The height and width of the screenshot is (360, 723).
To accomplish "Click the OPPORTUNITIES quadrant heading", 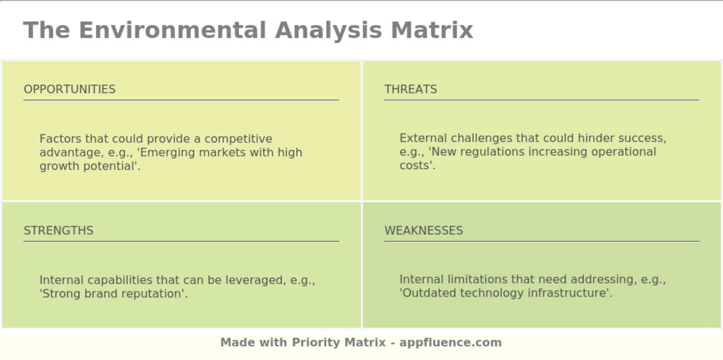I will click(70, 89).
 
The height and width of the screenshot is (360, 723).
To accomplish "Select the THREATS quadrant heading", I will click(411, 89).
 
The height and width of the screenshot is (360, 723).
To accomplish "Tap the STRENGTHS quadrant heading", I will click(58, 230).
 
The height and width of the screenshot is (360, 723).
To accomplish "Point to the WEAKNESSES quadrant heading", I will click(423, 230).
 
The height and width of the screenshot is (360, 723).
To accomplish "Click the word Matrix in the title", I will click(432, 30).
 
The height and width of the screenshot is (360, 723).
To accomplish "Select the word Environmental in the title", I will click(172, 30).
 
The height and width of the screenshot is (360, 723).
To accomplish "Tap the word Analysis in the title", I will click(328, 30).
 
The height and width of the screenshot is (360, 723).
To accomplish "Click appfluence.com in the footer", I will click(450, 342).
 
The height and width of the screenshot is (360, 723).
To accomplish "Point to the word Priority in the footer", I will click(316, 342).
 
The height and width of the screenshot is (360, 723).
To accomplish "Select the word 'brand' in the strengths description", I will click(98, 294).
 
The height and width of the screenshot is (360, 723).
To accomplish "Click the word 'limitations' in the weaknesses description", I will click(477, 279).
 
